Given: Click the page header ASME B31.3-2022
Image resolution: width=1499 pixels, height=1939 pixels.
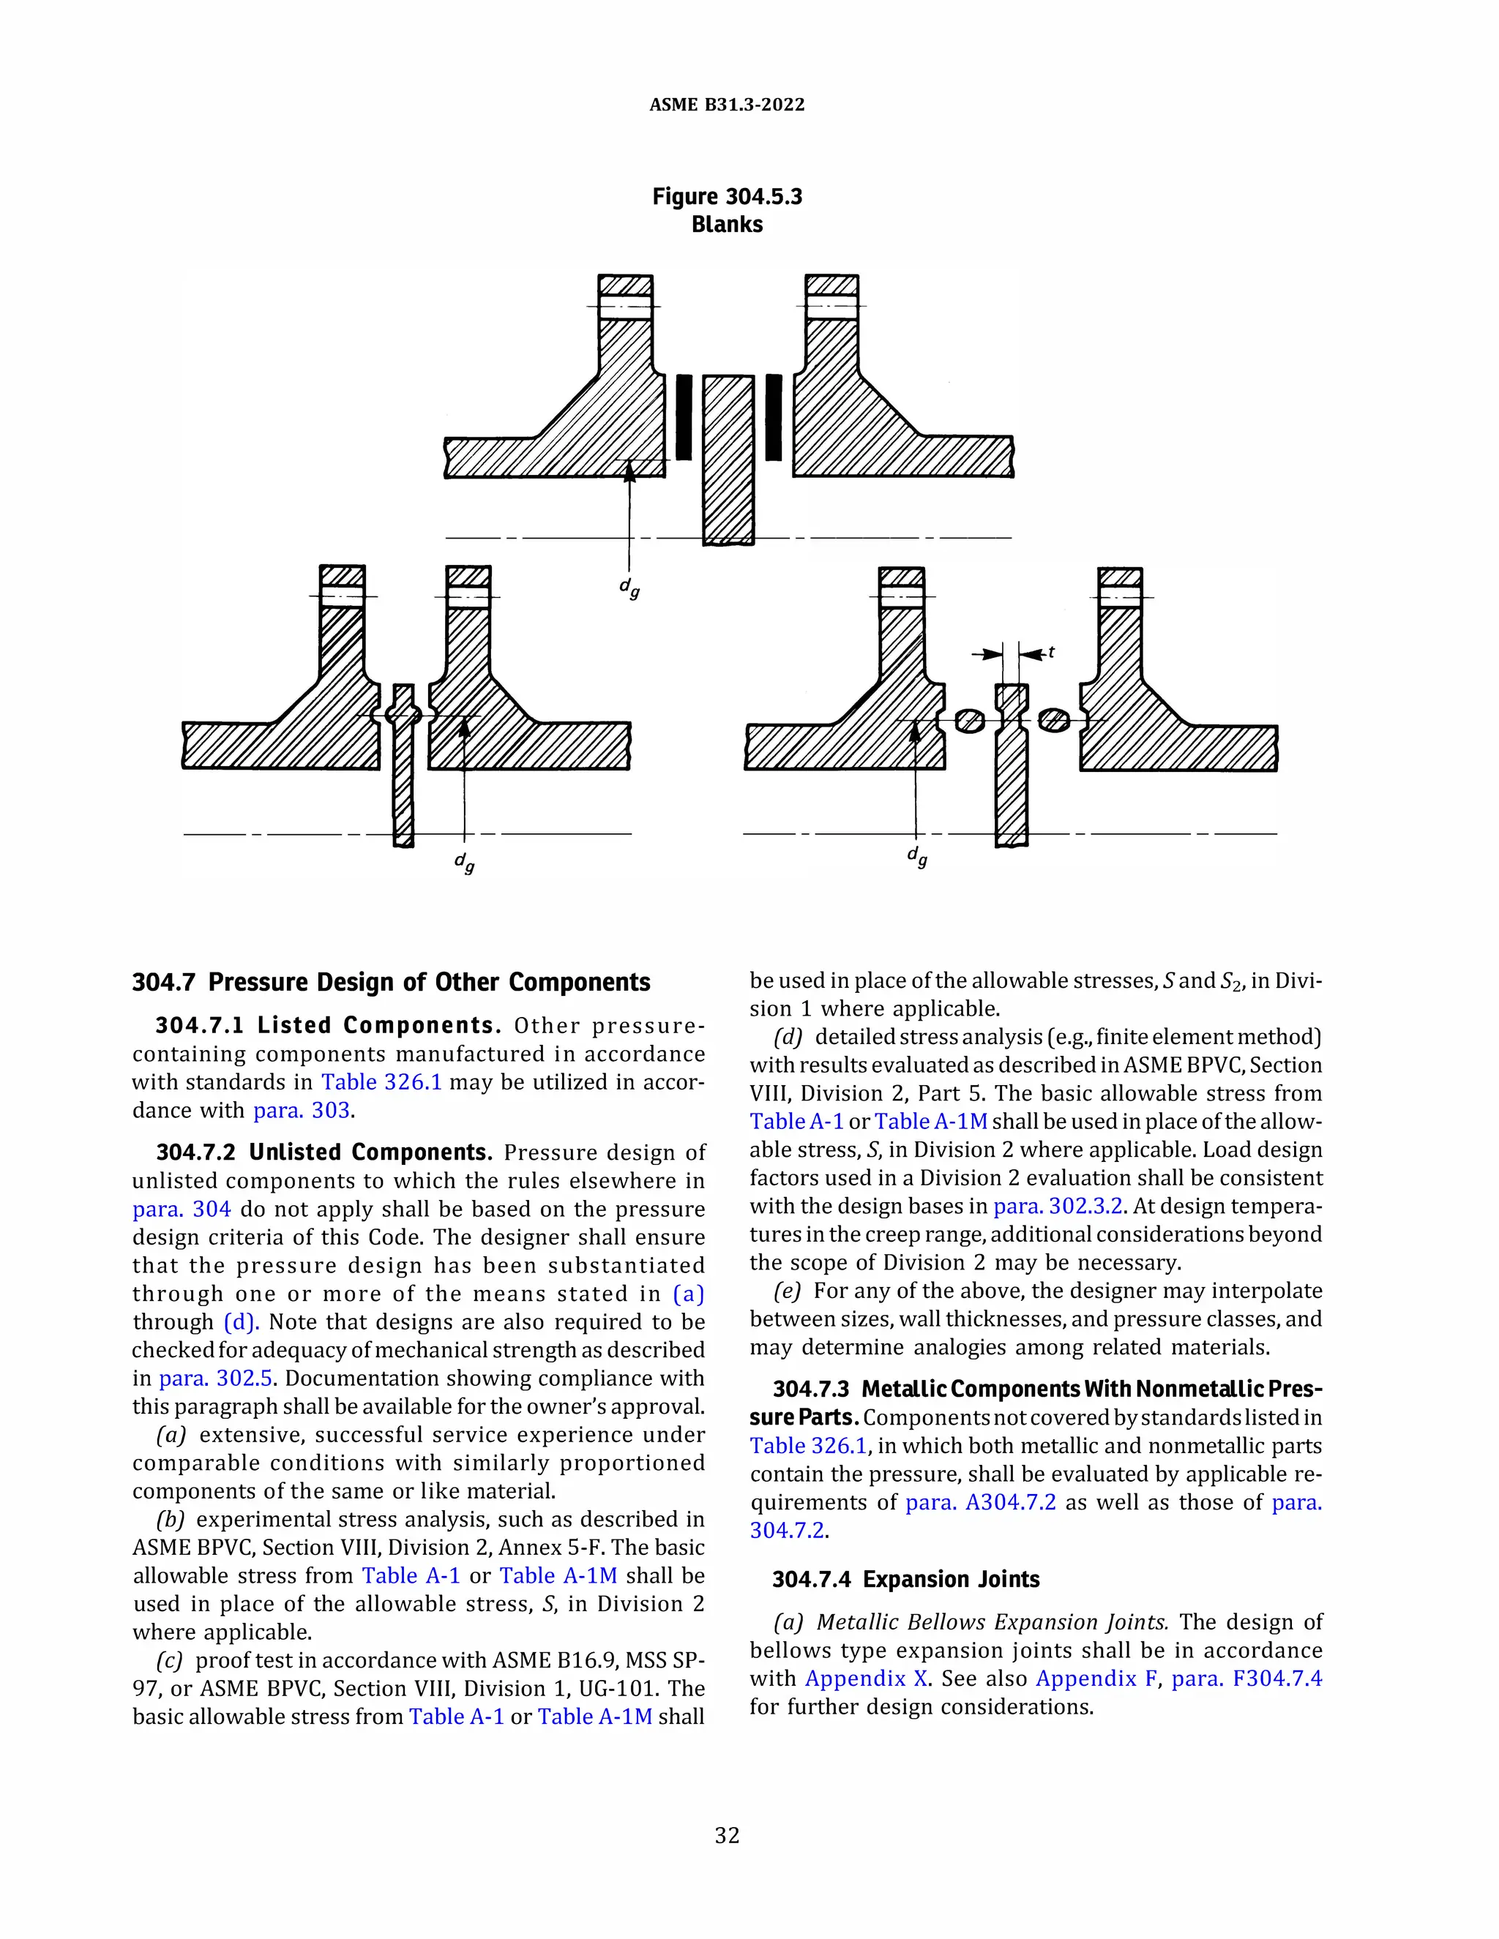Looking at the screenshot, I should pyautogui.click(x=726, y=105).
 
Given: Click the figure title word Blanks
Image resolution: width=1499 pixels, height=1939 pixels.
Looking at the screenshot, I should pyautogui.click(x=726, y=225).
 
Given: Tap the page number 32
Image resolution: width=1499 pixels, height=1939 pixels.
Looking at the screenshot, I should pyautogui.click(x=726, y=1835).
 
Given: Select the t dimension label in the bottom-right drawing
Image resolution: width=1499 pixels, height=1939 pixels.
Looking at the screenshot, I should pyautogui.click(x=1052, y=653).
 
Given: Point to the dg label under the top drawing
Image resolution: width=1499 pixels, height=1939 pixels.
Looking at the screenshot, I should pyautogui.click(x=629, y=588).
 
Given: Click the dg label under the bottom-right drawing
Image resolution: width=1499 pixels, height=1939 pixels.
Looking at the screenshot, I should pyautogui.click(x=917, y=857).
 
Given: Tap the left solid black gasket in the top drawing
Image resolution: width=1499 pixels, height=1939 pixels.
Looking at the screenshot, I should pyautogui.click(x=684, y=417).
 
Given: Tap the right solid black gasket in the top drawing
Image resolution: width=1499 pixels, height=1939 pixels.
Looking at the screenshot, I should pyautogui.click(x=774, y=417).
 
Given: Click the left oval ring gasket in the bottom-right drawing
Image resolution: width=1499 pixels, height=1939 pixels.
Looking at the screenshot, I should pyautogui.click(x=969, y=721).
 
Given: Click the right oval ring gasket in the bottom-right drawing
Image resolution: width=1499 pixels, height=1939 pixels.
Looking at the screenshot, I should pyautogui.click(x=1054, y=719).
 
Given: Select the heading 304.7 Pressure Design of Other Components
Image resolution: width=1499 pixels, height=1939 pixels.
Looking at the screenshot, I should pyautogui.click(x=391, y=982).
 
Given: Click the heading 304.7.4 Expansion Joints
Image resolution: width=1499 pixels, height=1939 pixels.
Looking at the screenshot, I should pyautogui.click(x=906, y=1580).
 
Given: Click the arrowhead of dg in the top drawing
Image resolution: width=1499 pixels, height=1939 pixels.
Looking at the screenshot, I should pyautogui.click(x=629, y=473).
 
